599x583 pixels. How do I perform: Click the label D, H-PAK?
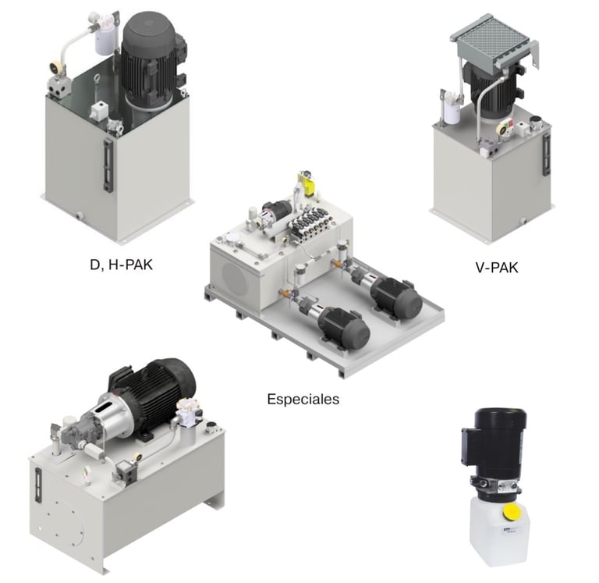click(x=121, y=265)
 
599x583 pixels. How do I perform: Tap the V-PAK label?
click(x=497, y=268)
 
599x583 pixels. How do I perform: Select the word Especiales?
click(x=303, y=400)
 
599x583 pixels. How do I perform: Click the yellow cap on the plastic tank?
click(x=511, y=512)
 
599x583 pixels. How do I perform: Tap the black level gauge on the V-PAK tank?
click(x=547, y=154)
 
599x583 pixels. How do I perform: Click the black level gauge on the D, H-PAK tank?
click(x=108, y=165)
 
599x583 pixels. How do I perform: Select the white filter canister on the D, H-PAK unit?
click(x=104, y=38)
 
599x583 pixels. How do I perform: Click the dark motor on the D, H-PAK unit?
click(x=151, y=61)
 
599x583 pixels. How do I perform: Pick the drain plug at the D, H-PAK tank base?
click(x=79, y=216)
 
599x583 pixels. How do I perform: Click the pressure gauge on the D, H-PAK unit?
click(x=56, y=68)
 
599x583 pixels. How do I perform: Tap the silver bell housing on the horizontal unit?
click(x=110, y=414)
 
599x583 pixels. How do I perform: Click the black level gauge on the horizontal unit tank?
click(x=37, y=485)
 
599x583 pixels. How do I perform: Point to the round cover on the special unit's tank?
click(x=236, y=279)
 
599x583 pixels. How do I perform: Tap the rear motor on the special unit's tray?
click(x=396, y=297)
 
